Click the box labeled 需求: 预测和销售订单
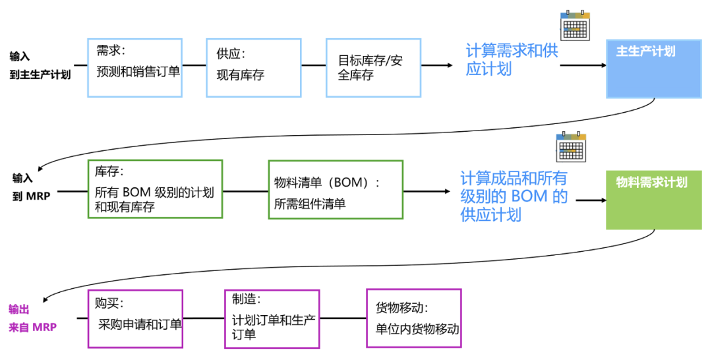(134, 68)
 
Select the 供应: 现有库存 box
(254, 68)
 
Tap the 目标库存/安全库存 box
(373, 68)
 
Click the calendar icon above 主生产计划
(574, 25)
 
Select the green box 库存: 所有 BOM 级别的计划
(155, 189)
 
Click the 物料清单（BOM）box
(335, 190)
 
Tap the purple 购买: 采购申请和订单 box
(134, 318)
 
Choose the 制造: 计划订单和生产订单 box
(272, 318)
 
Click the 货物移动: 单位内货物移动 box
(413, 318)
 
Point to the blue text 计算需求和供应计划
(512, 59)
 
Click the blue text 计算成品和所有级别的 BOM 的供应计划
(514, 196)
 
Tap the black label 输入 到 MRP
(31, 187)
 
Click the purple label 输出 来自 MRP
(32, 318)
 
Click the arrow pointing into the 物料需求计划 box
(590, 200)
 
